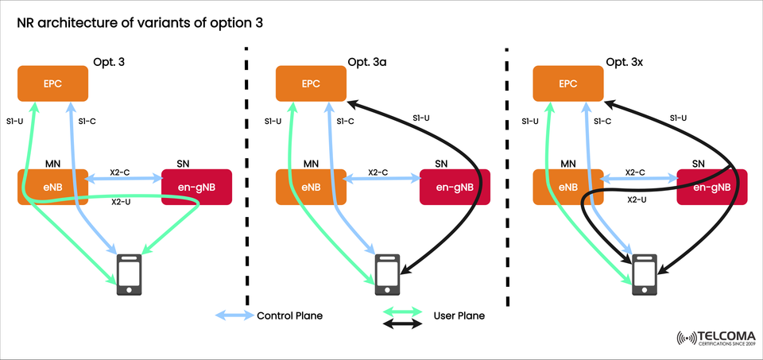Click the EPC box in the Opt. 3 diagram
click(x=52, y=83)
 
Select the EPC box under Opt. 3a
click(x=310, y=83)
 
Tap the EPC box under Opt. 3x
click(x=567, y=83)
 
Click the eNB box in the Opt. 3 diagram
click(x=52, y=188)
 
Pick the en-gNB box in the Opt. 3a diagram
click(x=455, y=188)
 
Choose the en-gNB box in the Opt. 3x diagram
click(x=712, y=188)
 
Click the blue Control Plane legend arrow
click(x=234, y=315)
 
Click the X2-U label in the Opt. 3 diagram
click(x=122, y=202)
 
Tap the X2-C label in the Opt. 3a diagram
click(x=378, y=172)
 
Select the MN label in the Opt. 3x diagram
click(x=567, y=164)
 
